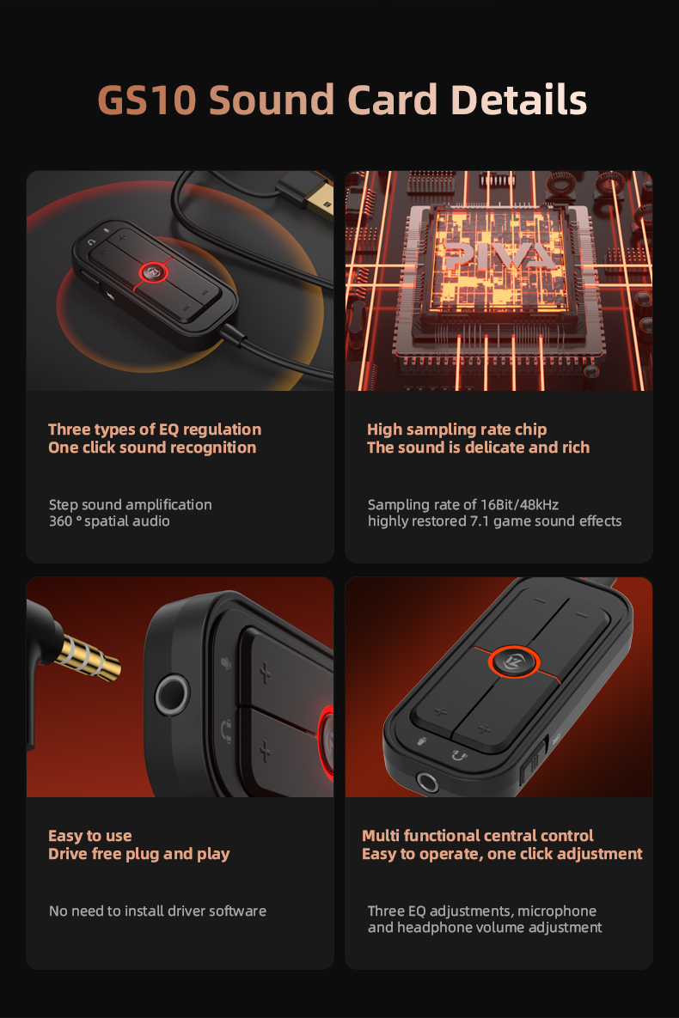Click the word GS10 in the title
tap(148, 101)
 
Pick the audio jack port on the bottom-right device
tap(426, 781)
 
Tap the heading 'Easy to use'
tap(90, 836)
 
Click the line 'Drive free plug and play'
tap(139, 854)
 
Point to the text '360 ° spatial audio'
tap(109, 521)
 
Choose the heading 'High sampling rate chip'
tap(456, 430)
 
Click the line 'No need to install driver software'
tap(157, 911)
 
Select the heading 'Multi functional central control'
tap(478, 836)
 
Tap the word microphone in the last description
tap(557, 911)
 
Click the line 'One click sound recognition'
tap(152, 448)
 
